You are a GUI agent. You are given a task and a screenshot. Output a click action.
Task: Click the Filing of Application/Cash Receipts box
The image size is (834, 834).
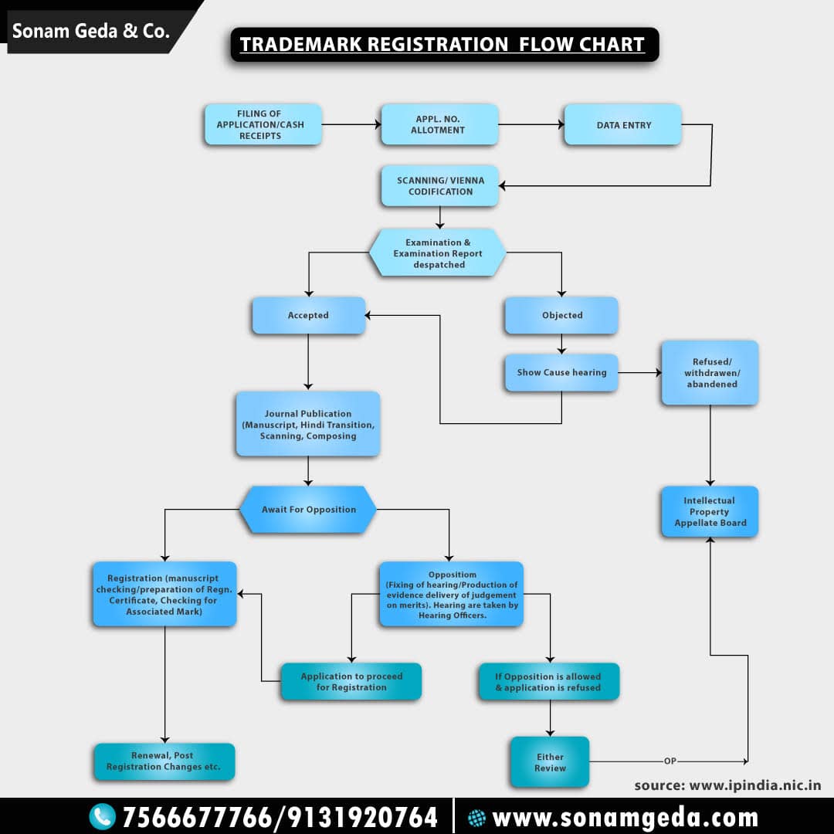coord(263,125)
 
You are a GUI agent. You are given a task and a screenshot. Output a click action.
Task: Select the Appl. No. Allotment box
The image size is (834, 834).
coord(439,125)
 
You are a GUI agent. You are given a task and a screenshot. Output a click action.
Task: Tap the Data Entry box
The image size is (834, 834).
coord(622,125)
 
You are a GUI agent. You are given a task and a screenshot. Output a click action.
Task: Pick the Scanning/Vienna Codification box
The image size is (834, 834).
coord(439,186)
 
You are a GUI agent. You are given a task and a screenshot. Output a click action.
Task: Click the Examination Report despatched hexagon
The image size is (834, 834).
coord(438,253)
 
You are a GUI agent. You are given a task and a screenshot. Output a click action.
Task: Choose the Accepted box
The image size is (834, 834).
coord(308,315)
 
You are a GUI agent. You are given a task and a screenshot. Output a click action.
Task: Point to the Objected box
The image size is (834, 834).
coord(561,315)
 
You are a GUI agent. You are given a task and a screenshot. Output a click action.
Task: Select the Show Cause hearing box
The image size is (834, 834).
coord(561,372)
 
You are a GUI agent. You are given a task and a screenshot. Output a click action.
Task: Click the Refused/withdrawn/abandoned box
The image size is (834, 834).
coord(710,373)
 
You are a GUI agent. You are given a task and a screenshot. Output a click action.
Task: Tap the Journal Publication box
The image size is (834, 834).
coord(307,424)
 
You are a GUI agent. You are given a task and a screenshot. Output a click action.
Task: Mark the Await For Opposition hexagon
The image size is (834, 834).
coord(308,510)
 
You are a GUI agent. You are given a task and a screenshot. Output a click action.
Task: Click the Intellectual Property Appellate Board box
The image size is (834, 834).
coord(710,511)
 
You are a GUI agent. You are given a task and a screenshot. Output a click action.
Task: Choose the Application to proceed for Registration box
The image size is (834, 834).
coord(351,682)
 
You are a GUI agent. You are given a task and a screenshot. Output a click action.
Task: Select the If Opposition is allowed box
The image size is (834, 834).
coord(548,682)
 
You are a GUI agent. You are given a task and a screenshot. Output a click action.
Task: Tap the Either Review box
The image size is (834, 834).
coord(549,762)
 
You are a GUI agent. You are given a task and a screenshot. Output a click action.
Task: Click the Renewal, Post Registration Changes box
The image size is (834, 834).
coord(164,761)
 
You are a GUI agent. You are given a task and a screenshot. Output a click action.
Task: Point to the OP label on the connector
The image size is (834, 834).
coord(670,761)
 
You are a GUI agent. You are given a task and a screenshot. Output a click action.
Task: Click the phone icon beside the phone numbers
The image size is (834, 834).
coord(102,816)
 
